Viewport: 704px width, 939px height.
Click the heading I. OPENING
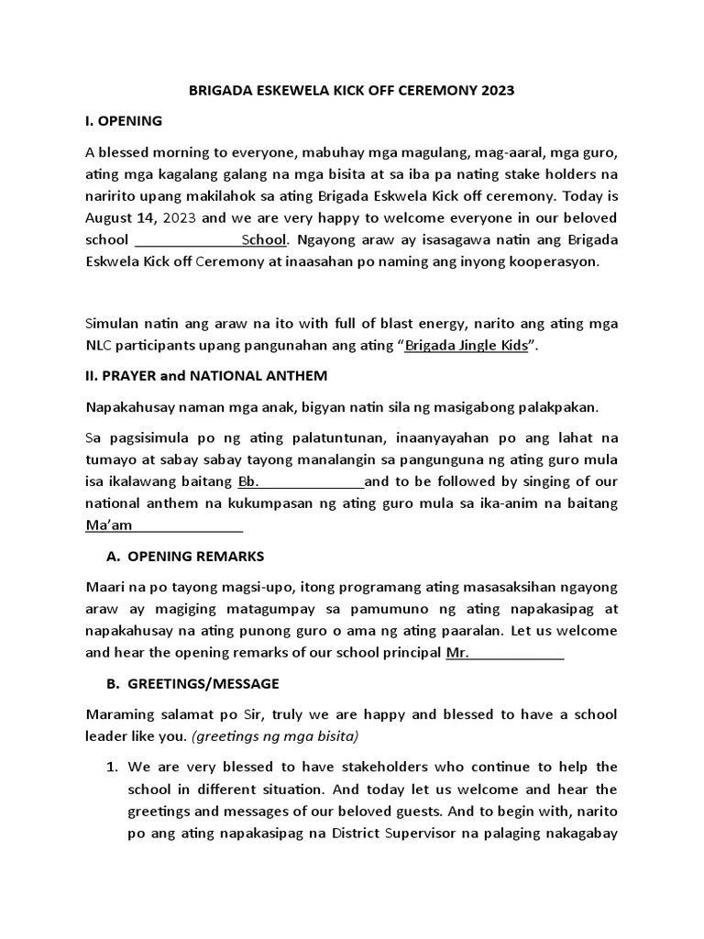[124, 120]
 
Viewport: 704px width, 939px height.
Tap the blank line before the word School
[188, 240]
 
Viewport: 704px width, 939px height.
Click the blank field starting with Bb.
[301, 481]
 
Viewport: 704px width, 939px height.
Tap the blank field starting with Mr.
[504, 654]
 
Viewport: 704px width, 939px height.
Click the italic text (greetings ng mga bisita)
[293, 737]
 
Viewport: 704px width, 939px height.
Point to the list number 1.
[114, 767]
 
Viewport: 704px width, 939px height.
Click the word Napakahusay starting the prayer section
[129, 406]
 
